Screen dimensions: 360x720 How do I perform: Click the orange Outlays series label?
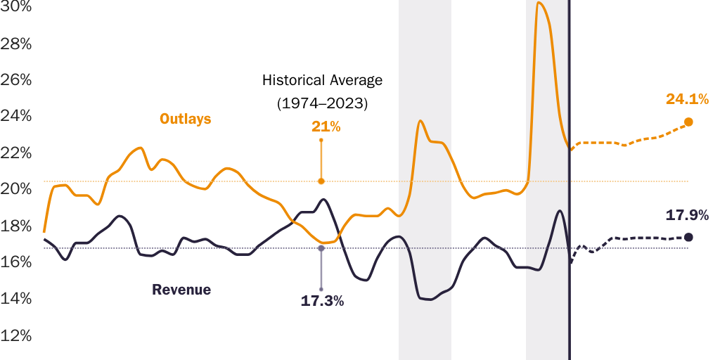click(x=186, y=119)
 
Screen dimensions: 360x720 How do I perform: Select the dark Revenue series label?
click(x=181, y=290)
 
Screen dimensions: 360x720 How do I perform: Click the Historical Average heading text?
click(x=322, y=80)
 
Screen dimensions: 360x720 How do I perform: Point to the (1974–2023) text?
click(x=322, y=103)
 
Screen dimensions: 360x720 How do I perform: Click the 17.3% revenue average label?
click(x=322, y=301)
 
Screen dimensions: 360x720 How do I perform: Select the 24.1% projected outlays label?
click(x=687, y=99)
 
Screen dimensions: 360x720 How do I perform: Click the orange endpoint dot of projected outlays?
click(x=688, y=122)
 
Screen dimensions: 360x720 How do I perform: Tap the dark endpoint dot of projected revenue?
click(x=688, y=237)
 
